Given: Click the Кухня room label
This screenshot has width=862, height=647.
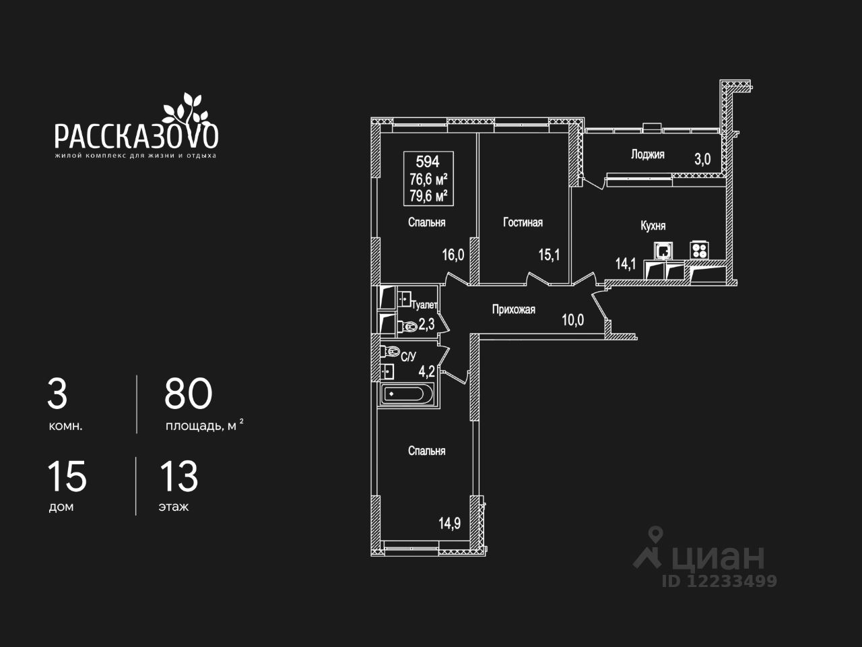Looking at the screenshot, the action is [x=653, y=226].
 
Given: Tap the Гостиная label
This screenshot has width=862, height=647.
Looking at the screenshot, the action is [x=523, y=222].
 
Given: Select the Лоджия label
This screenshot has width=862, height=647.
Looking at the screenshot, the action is [x=647, y=154].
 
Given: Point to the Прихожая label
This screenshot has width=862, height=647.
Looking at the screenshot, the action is [x=513, y=309].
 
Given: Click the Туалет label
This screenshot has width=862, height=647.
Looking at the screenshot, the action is [x=424, y=305].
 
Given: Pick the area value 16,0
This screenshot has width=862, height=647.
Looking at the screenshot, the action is [x=453, y=254].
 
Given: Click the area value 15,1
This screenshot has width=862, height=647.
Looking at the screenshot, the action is [x=549, y=254].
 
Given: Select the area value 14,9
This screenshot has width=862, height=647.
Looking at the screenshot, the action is [x=449, y=522].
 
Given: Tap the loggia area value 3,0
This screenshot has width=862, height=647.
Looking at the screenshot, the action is [x=702, y=159].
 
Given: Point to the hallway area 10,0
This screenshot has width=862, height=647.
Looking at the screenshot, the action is [x=572, y=319].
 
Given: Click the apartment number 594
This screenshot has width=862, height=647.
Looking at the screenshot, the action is [x=428, y=162].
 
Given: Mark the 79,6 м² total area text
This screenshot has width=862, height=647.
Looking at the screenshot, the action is [x=429, y=196].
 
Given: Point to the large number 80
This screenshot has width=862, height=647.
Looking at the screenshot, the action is [x=189, y=394].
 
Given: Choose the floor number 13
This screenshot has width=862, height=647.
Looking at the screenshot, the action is [x=178, y=476].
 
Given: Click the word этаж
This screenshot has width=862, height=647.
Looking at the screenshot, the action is [x=174, y=507].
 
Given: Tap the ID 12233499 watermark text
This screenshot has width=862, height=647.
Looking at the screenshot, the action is [x=719, y=580].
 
